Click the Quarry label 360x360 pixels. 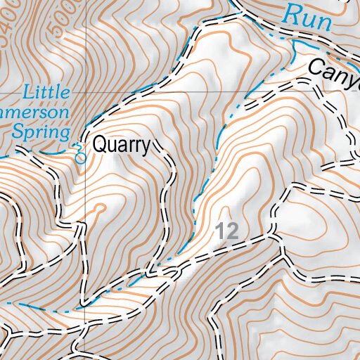[x=122, y=146]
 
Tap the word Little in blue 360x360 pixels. [x=46, y=92]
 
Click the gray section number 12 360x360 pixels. [x=227, y=230]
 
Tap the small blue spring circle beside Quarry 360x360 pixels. [x=79, y=158]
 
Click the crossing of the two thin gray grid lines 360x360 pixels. [x=86, y=92]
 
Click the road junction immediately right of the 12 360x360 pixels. [x=270, y=230]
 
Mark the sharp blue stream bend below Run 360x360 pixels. [x=293, y=44]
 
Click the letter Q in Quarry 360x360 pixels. [x=101, y=146]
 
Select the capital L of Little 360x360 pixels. [x=27, y=92]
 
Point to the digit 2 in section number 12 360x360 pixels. [x=233, y=230]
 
